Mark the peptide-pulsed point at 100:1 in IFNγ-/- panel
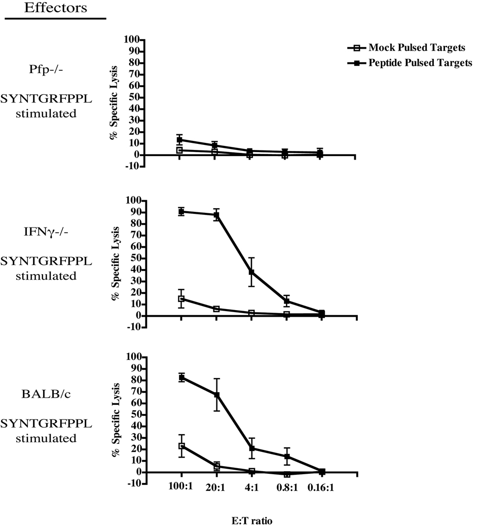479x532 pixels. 181,211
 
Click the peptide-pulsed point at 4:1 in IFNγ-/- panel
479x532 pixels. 251,272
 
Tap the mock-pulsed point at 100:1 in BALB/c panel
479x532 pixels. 181,446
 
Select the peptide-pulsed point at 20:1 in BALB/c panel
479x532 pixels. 216,395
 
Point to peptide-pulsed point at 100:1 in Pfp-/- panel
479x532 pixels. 180,139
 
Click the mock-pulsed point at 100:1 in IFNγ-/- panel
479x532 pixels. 181,298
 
